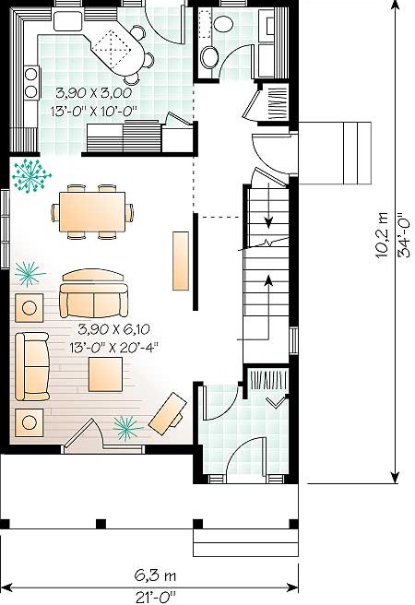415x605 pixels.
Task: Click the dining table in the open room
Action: [x=92, y=212]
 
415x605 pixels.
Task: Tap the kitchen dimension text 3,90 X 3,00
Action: [x=94, y=92]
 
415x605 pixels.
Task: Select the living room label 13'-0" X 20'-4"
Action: [x=114, y=348]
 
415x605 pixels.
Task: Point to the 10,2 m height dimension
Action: [x=382, y=234]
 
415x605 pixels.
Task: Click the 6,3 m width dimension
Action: [x=155, y=575]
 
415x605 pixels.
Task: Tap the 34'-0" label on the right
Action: [x=405, y=234]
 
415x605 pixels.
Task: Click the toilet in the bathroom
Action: [x=223, y=22]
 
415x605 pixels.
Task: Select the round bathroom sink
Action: [x=209, y=57]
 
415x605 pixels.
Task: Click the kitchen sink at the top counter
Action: [x=68, y=21]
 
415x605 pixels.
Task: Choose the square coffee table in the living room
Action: [x=105, y=374]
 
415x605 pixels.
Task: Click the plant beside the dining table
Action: [x=30, y=176]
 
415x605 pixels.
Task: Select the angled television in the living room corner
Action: [x=168, y=414]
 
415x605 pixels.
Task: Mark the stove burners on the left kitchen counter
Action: [x=31, y=82]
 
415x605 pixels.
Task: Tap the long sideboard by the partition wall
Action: [x=181, y=260]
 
